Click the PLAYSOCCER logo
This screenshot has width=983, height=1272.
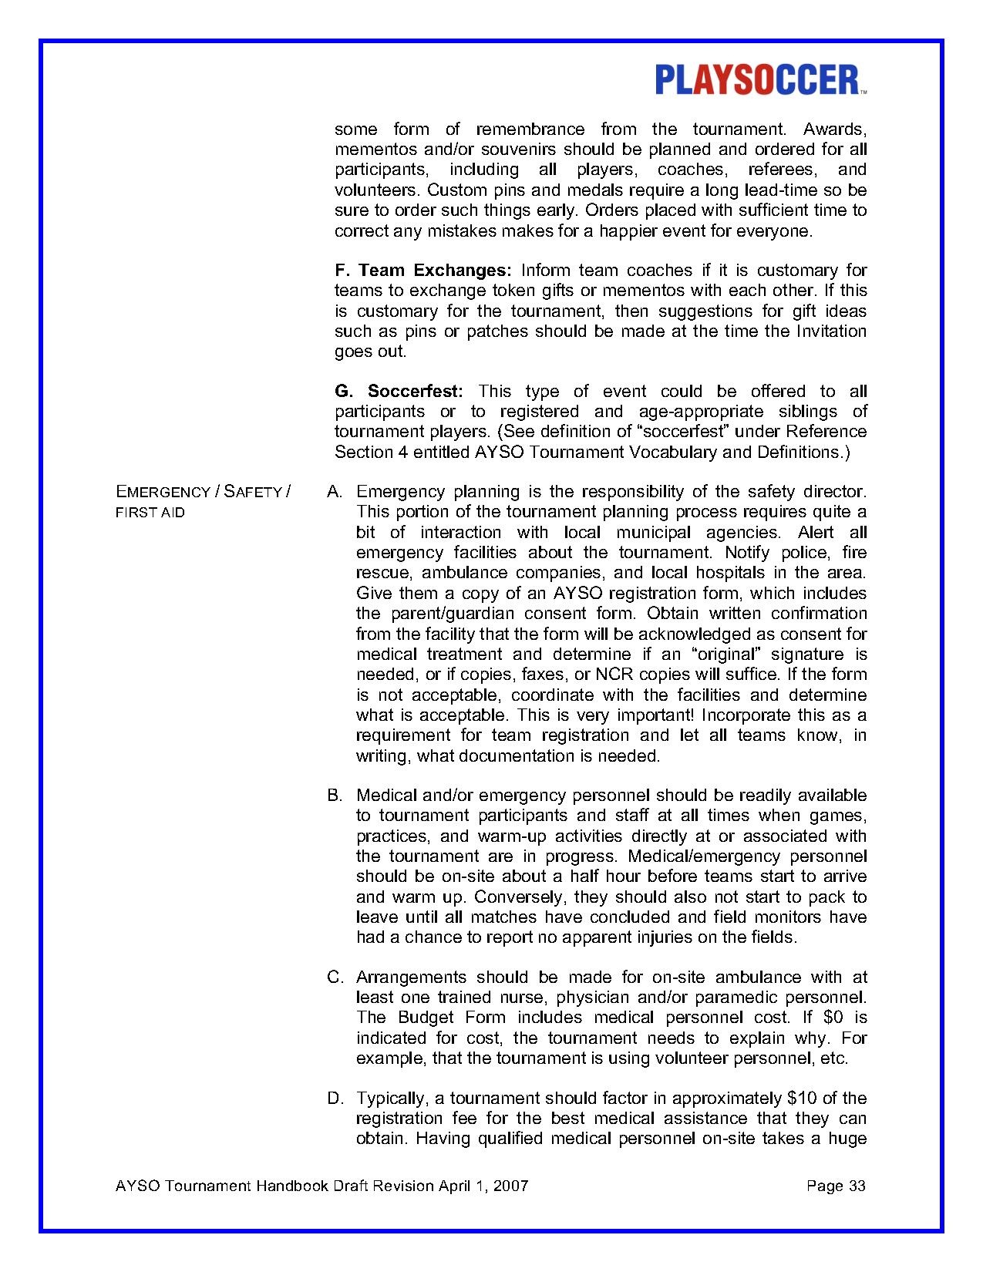(759, 80)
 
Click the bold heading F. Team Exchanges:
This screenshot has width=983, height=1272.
(423, 271)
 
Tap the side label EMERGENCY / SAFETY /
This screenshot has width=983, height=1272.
(203, 492)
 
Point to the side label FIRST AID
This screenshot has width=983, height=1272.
(150, 513)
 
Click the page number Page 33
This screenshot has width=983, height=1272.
(836, 1186)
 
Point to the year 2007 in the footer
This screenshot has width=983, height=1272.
(511, 1186)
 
